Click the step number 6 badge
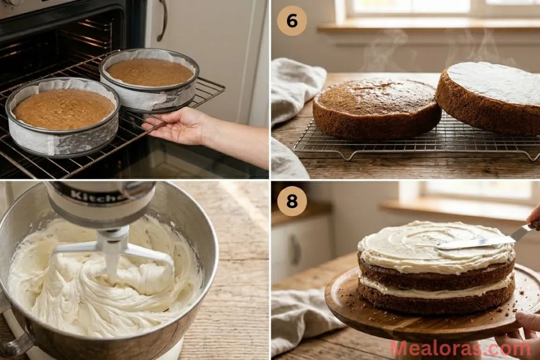click(x=292, y=21)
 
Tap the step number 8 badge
click(x=292, y=201)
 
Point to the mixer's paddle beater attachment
click(x=113, y=253)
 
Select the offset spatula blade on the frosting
click(x=475, y=242)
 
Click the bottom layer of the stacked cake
click(x=435, y=303)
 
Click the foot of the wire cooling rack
click(x=345, y=156)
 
